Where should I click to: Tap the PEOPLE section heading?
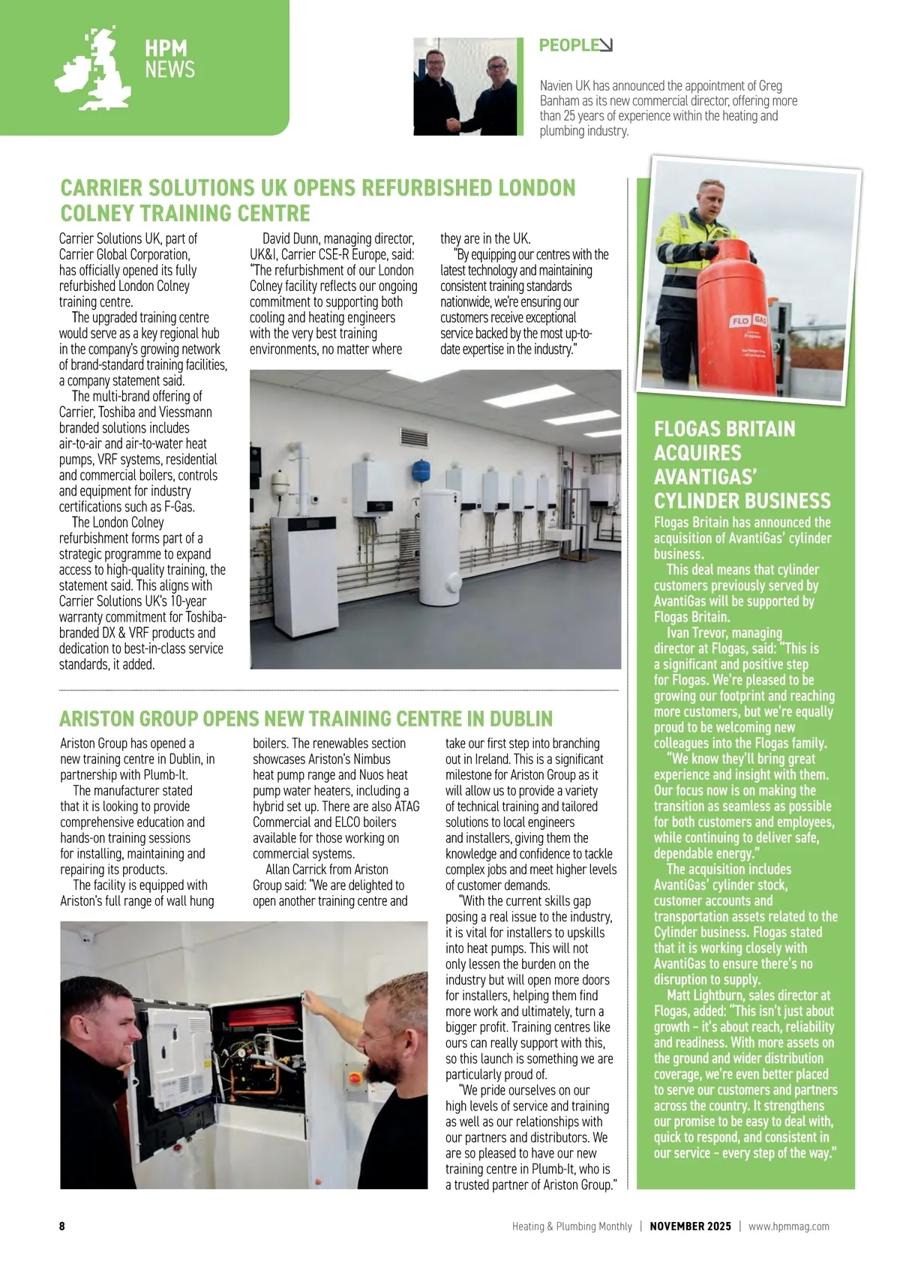click(x=567, y=45)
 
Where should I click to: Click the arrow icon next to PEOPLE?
click(x=605, y=45)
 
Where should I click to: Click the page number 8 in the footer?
click(x=62, y=1226)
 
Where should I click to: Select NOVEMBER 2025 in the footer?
click(x=690, y=1227)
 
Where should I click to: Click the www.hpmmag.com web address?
click(x=789, y=1227)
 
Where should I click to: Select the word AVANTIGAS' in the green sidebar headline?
click(x=708, y=477)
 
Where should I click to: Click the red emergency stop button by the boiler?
click(x=355, y=1077)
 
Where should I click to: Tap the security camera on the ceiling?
click(x=85, y=936)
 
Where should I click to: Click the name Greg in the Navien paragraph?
click(x=769, y=85)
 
